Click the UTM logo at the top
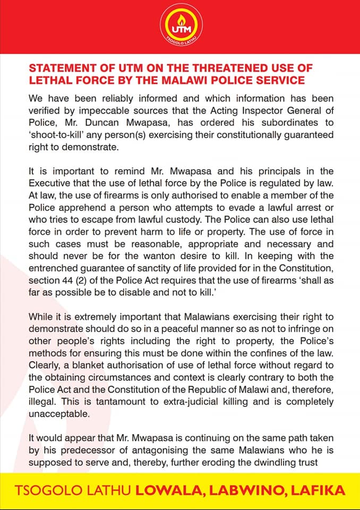pos(180,27)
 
